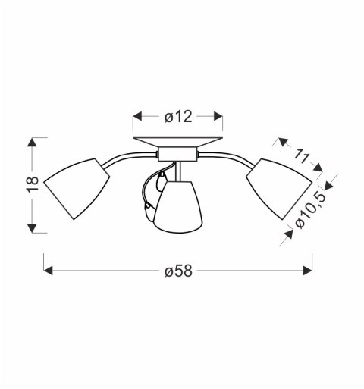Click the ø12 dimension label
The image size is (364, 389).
(177, 117)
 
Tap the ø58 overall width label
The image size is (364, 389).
(178, 270)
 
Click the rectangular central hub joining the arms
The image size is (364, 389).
(177, 155)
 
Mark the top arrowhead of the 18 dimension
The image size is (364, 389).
(32, 140)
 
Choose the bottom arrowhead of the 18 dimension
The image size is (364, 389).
(32, 230)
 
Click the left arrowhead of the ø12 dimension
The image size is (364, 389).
(136, 117)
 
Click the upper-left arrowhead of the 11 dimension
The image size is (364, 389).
(281, 141)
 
